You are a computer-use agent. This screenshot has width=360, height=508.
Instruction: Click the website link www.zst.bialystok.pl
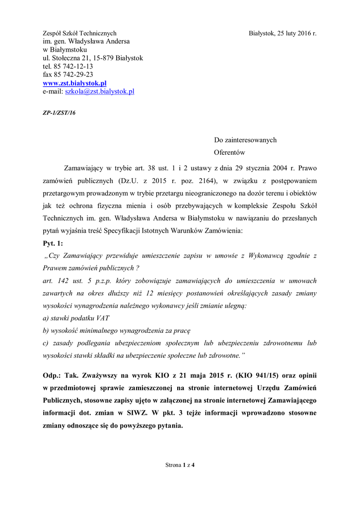[x=74, y=83]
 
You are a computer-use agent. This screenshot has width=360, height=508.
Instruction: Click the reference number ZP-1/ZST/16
[x=57, y=113]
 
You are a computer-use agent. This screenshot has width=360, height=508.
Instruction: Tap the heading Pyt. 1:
[x=53, y=243]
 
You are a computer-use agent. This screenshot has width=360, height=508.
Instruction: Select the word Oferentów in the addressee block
[x=229, y=153]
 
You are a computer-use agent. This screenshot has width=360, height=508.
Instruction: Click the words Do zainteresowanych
[x=245, y=140]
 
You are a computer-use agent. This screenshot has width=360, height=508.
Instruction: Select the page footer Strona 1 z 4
[x=180, y=465]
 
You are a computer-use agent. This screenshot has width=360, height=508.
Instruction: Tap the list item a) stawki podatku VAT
[x=76, y=317]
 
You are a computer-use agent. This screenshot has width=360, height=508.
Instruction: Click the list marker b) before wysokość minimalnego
[x=46, y=330]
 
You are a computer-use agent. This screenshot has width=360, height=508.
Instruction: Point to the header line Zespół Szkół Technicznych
[x=79, y=33]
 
